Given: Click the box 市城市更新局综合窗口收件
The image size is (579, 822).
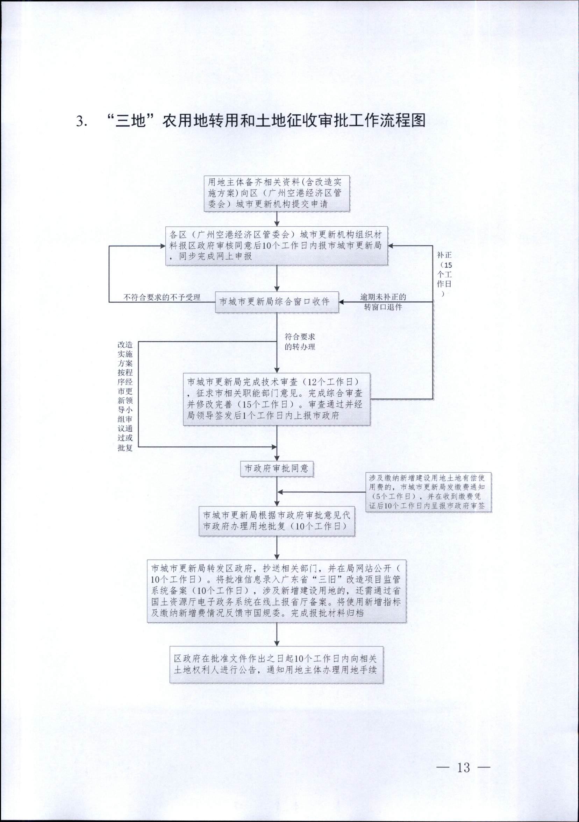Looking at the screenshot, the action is click(x=277, y=302).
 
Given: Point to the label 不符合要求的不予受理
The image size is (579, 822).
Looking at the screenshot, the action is click(x=162, y=297).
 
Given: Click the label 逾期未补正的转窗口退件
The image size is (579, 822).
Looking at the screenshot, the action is click(x=383, y=302).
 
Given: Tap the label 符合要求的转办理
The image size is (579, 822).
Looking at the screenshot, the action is click(x=300, y=341).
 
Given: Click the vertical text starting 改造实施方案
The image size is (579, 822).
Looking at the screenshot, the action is click(x=125, y=396).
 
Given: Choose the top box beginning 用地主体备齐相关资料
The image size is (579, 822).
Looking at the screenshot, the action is click(x=277, y=193).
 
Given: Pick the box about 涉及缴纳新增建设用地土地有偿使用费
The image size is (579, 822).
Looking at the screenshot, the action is click(x=428, y=492).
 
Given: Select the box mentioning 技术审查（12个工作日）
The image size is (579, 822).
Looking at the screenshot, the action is click(x=277, y=399).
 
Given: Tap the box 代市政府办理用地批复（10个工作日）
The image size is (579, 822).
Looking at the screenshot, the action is click(x=277, y=521).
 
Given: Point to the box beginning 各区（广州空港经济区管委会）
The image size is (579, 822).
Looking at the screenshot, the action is click(x=276, y=246).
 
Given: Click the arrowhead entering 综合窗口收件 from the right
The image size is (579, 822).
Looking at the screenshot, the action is click(x=341, y=302).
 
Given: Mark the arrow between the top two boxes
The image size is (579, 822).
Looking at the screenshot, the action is click(x=277, y=219).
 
